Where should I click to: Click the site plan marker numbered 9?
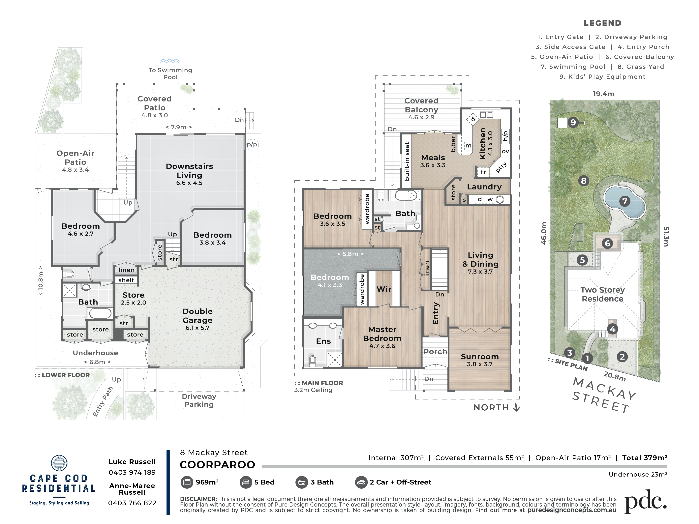[x=573, y=122]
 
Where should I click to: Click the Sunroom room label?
[x=480, y=357]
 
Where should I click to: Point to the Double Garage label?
[x=198, y=316]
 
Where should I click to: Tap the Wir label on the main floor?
[x=384, y=289]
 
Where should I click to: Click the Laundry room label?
[x=484, y=187]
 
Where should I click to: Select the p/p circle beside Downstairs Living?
[x=252, y=145]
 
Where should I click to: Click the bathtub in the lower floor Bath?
[x=100, y=313]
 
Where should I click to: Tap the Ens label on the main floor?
[x=323, y=341]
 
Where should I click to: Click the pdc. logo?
[x=646, y=501]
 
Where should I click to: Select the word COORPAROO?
[x=217, y=465]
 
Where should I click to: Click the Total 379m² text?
[x=645, y=458]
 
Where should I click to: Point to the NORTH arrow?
[x=516, y=407]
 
